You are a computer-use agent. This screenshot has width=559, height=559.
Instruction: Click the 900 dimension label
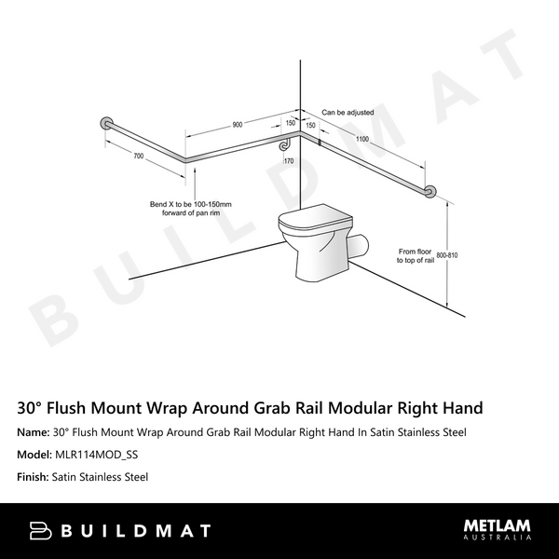tap(238, 124)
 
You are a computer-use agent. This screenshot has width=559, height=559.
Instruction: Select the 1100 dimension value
tap(362, 139)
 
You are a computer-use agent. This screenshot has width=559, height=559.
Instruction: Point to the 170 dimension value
tap(289, 161)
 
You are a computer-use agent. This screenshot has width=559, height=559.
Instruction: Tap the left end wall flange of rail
tap(106, 124)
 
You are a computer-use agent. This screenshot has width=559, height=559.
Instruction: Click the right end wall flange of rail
tap(430, 192)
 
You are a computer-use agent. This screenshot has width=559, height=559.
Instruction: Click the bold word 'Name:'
tap(34, 432)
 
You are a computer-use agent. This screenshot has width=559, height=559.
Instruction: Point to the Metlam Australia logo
tap(498, 529)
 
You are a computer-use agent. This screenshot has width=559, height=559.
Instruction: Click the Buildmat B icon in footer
tap(40, 530)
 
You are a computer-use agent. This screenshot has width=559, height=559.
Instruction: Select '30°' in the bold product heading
tap(34, 408)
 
